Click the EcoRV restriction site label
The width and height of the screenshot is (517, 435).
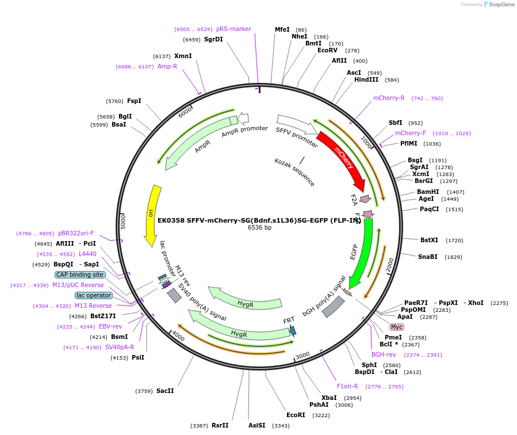pyautogui.click(x=331, y=51)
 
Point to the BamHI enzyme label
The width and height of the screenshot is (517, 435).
pyautogui.click(x=428, y=192)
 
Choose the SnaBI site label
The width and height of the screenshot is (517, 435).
pyautogui.click(x=428, y=257)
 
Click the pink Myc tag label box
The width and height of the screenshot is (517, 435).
pyautogui.click(x=397, y=327)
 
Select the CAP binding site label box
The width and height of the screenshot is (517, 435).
pyautogui.click(x=80, y=274)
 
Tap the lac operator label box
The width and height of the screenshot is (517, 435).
pyautogui.click(x=93, y=295)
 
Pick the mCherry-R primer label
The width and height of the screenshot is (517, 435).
pyautogui.click(x=389, y=98)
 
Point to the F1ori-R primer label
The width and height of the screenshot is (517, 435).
pyautogui.click(x=347, y=386)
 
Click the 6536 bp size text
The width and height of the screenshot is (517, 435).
pyautogui.click(x=259, y=227)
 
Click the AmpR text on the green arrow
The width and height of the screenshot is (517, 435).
pyautogui.click(x=202, y=146)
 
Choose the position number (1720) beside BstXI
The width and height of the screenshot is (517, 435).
pyautogui.click(x=454, y=241)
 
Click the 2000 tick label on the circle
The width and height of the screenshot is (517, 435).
pyautogui.click(x=390, y=265)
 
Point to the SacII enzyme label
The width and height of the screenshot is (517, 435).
pyautogui.click(x=165, y=391)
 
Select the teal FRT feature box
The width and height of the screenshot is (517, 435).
pyautogui.click(x=293, y=330)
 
